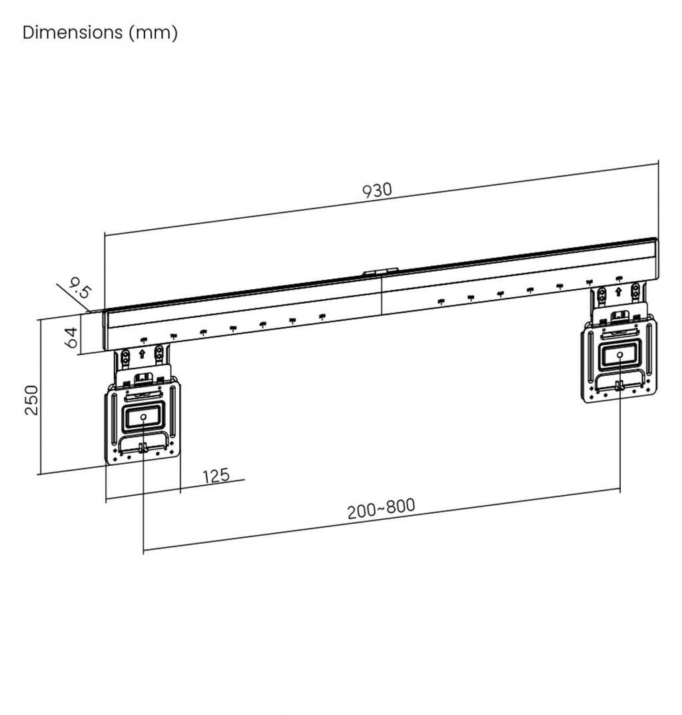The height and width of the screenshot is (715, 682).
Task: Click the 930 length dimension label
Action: [x=377, y=190]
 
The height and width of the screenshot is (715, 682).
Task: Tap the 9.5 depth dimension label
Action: [x=80, y=288]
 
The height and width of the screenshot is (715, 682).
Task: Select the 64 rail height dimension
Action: [x=71, y=337]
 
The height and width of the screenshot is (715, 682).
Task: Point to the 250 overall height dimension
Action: [x=31, y=400]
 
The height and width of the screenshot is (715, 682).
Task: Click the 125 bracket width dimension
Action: [x=216, y=476]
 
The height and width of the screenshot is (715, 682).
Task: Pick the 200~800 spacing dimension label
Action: [x=381, y=508]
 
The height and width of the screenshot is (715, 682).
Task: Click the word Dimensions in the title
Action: [x=73, y=33]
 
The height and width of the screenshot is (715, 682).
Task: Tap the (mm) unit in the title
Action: [x=153, y=33]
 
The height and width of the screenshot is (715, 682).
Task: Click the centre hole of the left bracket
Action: [x=143, y=416]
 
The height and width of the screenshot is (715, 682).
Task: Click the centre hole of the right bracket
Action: [x=619, y=355]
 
